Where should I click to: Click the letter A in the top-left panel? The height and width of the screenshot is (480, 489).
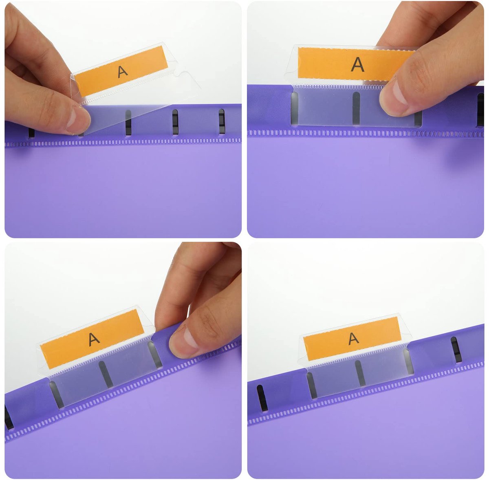click(x=123, y=72)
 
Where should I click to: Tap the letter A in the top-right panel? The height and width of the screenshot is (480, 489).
click(x=357, y=64)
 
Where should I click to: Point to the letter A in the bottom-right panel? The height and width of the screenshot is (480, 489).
click(x=354, y=338)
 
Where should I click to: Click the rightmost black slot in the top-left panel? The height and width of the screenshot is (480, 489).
click(x=222, y=121)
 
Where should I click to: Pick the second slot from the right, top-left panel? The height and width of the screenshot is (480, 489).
click(x=175, y=122)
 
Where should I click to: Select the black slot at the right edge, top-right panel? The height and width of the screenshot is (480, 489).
click(x=480, y=110)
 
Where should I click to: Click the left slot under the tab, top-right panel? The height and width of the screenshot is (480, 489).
click(x=294, y=108)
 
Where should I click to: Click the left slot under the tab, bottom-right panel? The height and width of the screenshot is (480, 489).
click(x=312, y=385)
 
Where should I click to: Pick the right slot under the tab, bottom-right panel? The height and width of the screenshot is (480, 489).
click(x=408, y=361)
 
